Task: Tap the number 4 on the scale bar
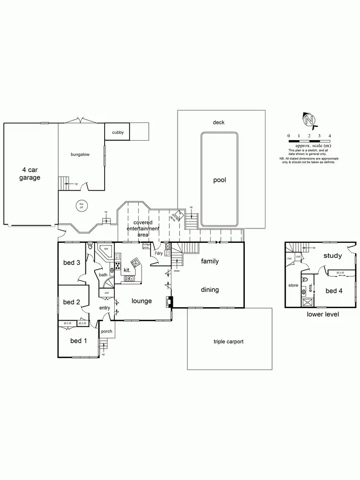(x=330, y=136)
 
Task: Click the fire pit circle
(x=81, y=206)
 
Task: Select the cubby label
(x=118, y=132)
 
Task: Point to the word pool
(x=219, y=180)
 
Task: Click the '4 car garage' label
(x=30, y=173)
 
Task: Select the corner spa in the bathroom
(x=105, y=250)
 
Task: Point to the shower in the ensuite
(x=307, y=302)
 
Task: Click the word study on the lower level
(x=332, y=255)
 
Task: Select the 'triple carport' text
(x=228, y=342)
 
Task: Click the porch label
(x=107, y=331)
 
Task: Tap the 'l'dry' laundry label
(x=158, y=253)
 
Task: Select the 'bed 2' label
(x=71, y=302)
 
